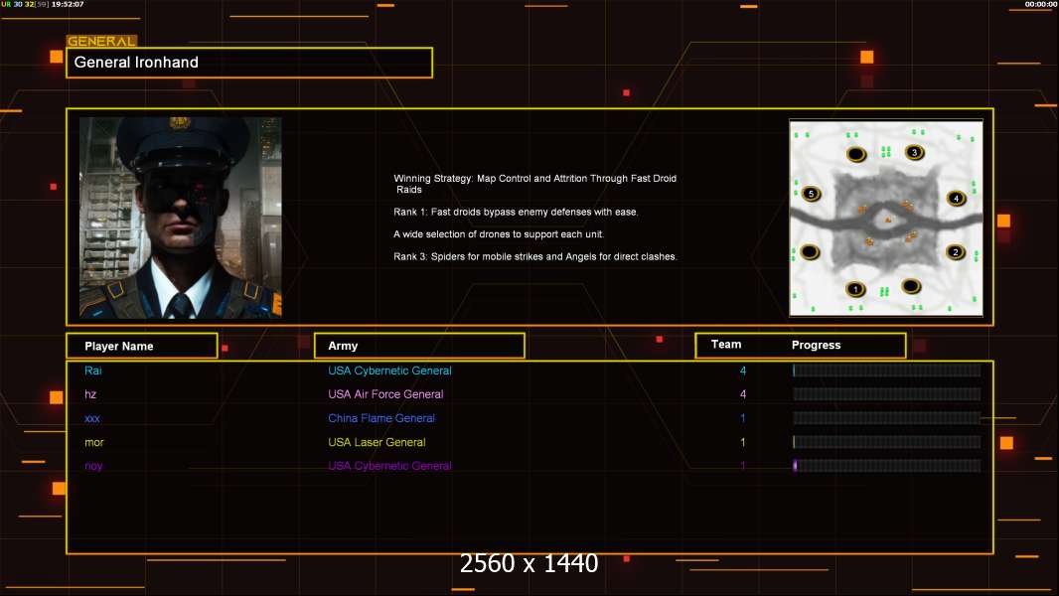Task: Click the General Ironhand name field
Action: [249, 63]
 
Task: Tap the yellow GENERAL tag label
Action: [101, 41]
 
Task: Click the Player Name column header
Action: [142, 346]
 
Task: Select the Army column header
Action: [419, 346]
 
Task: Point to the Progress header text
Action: [816, 345]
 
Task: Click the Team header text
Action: [726, 345]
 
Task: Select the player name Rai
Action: [93, 371]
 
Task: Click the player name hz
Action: [90, 394]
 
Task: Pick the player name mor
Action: [93, 442]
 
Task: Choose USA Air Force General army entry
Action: [385, 394]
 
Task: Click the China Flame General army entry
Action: [381, 418]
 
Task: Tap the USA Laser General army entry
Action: [377, 442]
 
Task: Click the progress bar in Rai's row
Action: [887, 370]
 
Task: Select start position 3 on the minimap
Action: [915, 153]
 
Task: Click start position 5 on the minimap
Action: [811, 195]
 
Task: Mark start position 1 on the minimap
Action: [855, 290]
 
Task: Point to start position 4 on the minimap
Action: [956, 199]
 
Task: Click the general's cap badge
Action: [180, 123]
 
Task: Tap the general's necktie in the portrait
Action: [181, 306]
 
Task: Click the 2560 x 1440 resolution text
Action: [529, 563]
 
